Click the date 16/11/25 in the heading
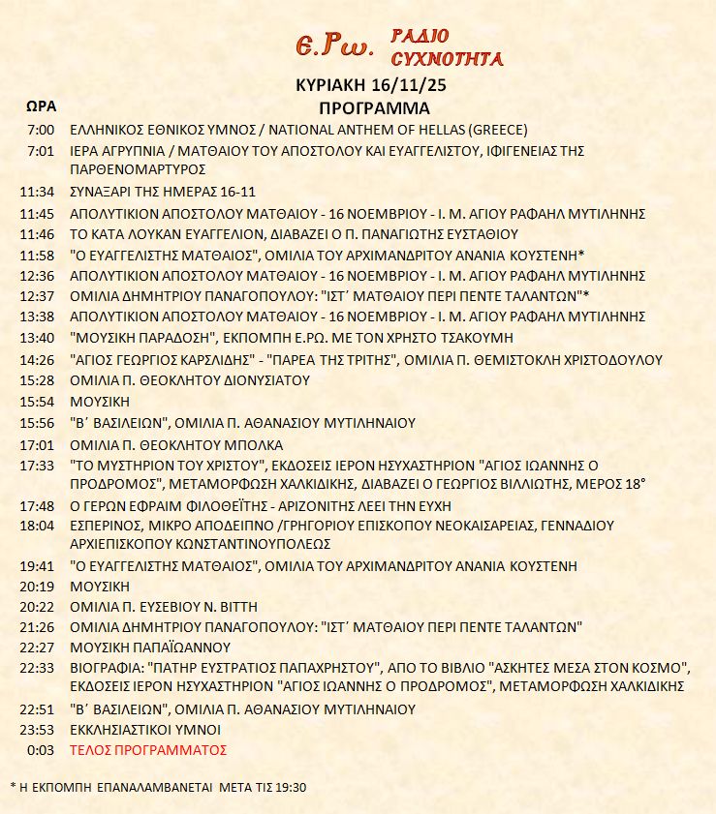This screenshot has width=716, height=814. click(411, 86)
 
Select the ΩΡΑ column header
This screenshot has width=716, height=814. click(41, 105)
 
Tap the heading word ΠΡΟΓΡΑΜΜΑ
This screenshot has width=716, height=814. click(374, 107)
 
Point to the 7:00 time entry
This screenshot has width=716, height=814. click(42, 130)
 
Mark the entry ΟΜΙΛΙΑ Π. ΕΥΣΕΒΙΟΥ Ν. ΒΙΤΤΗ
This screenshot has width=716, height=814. click(164, 606)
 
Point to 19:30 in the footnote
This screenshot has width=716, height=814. click(288, 787)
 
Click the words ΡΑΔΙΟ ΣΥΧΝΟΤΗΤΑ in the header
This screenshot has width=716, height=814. click(447, 47)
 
